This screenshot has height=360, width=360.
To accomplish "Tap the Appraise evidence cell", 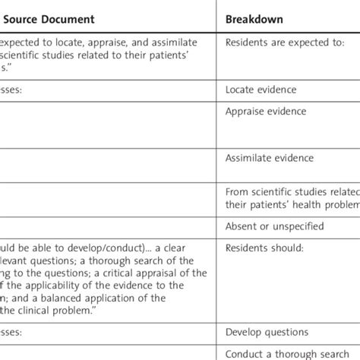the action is pos(266,112).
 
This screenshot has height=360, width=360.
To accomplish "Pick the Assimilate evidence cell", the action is pos(270,158).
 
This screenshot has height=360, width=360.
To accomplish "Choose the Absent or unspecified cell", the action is pos(275,226).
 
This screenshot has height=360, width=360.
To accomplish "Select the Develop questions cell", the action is pos(267,332).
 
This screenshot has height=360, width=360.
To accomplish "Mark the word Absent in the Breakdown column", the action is pos(243,226).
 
